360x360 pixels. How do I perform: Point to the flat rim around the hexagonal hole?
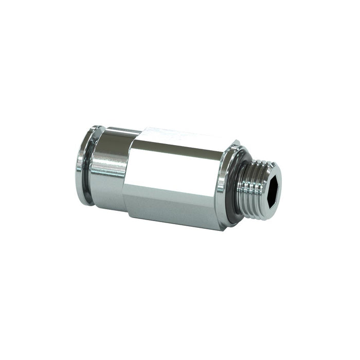[x=277, y=175]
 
